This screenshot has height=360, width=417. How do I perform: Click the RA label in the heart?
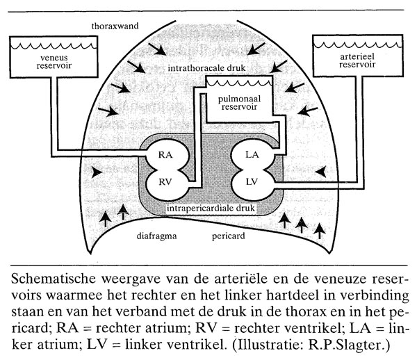165,156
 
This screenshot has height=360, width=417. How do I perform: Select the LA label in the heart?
252,156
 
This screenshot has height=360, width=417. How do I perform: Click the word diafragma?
157,236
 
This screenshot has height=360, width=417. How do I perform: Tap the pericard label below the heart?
225,236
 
